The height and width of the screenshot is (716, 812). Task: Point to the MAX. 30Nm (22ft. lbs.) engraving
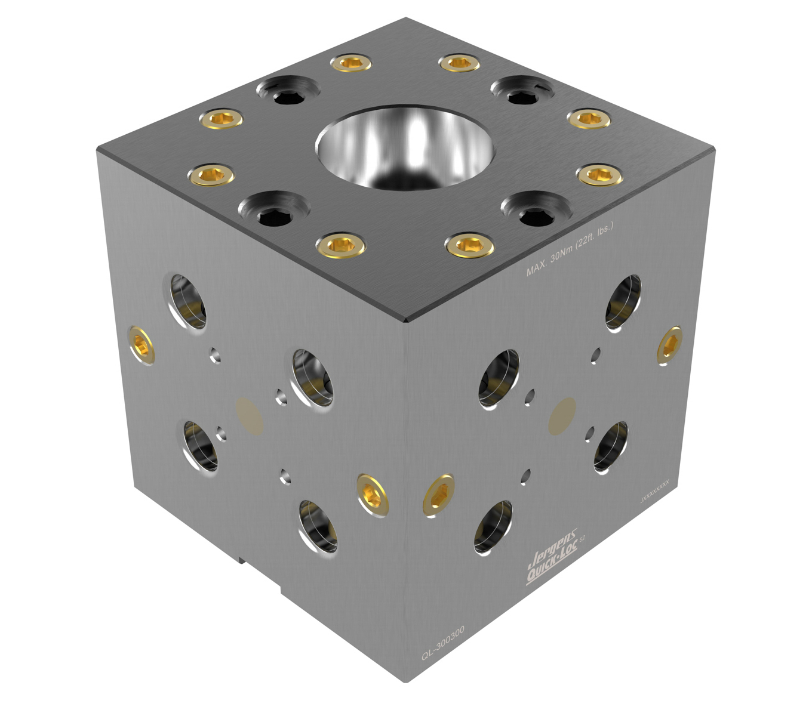[570, 249]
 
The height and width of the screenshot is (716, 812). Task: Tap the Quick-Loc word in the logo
[552, 564]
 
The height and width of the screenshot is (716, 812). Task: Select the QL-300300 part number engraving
[442, 643]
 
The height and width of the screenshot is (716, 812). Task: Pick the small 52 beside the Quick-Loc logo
[582, 539]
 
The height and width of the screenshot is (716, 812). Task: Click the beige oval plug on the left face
[250, 415]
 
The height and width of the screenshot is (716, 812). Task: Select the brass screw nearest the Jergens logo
[439, 493]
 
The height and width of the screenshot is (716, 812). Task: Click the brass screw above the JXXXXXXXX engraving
[670, 345]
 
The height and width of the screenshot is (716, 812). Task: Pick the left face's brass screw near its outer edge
[142, 345]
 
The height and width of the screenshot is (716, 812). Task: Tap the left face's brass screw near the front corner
[373, 495]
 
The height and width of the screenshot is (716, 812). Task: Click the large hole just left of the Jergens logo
[494, 527]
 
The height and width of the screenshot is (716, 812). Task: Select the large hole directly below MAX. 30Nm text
[623, 302]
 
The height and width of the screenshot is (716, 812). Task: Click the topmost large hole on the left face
[188, 301]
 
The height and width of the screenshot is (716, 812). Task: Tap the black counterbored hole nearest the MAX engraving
[536, 210]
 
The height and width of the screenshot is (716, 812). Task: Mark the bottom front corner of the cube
[406, 680]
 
